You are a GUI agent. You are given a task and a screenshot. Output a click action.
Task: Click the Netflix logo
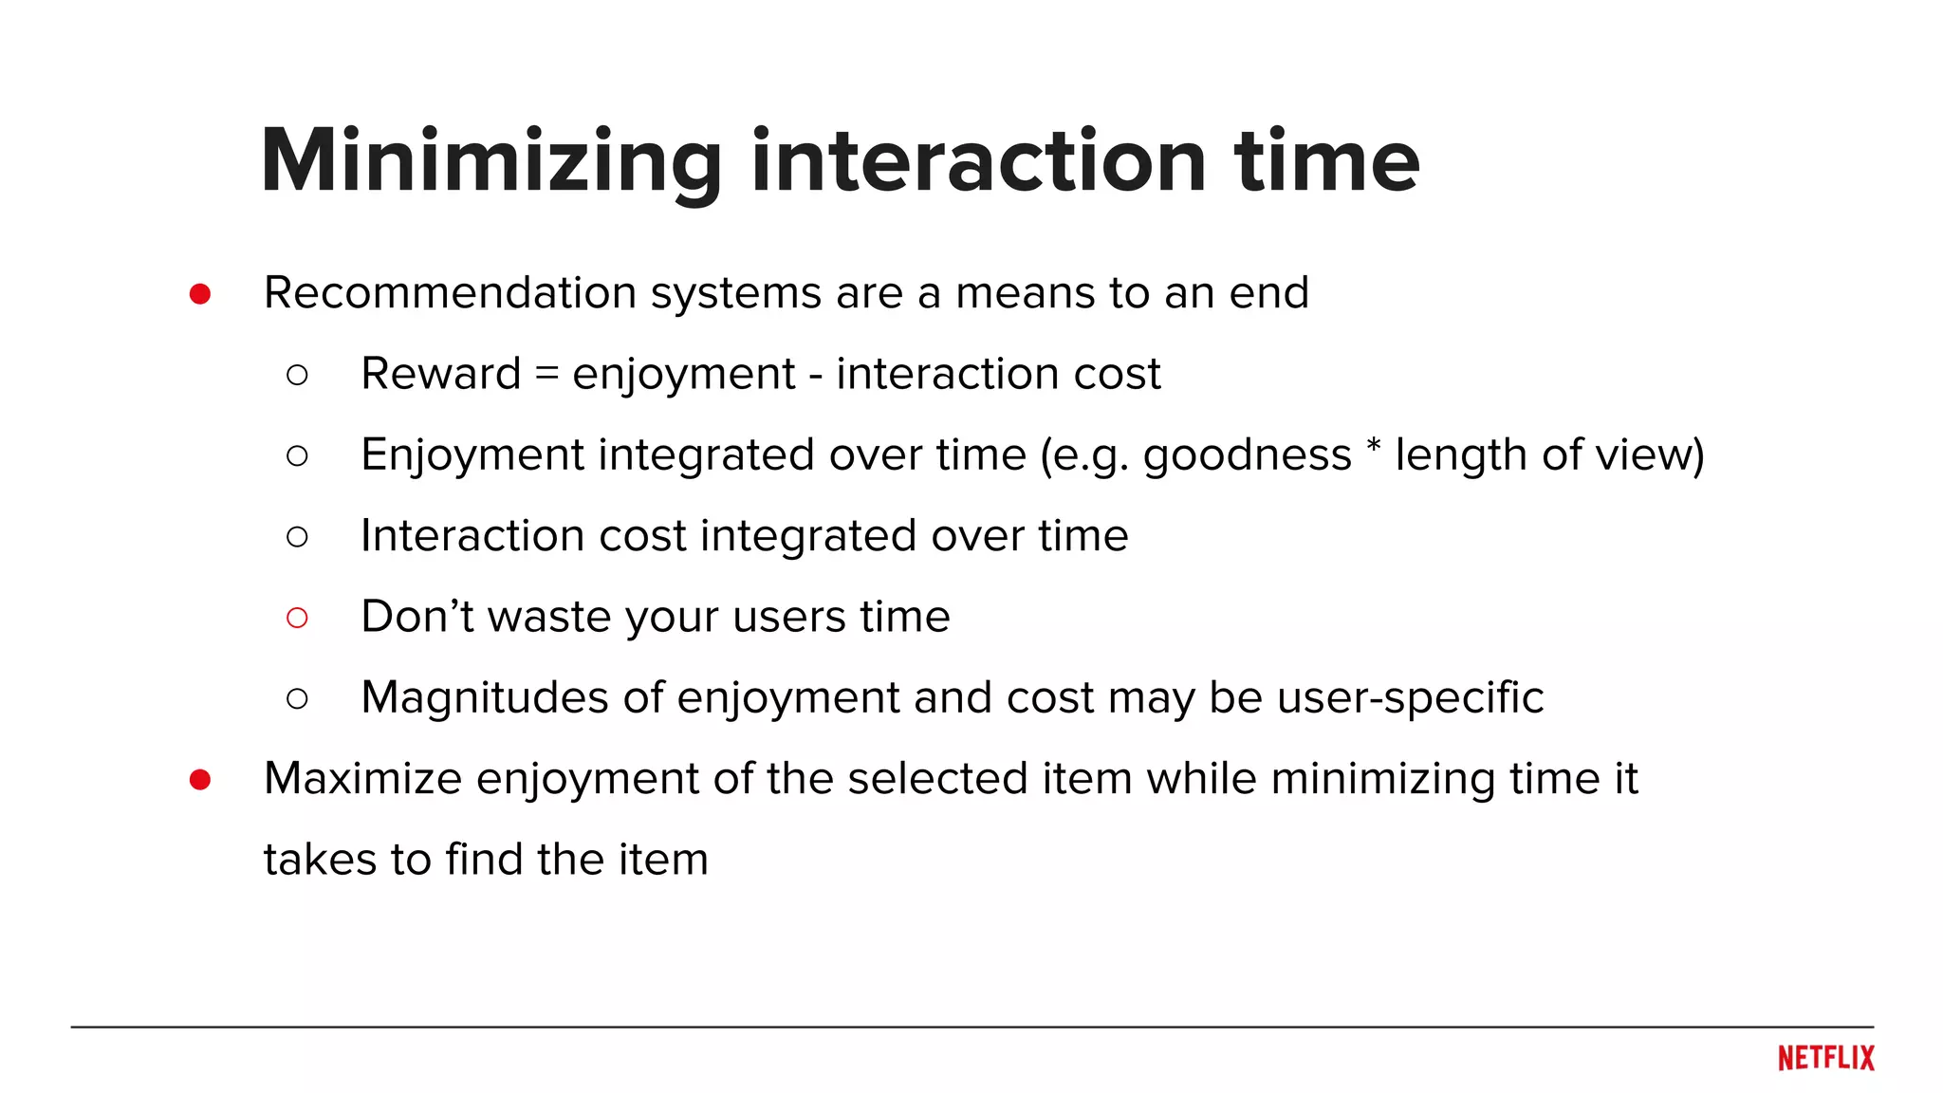pyautogui.click(x=1825, y=1058)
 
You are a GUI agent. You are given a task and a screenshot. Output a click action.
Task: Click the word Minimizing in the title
pyautogui.click(x=491, y=161)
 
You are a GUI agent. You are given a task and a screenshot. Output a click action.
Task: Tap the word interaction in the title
pyautogui.click(x=978, y=161)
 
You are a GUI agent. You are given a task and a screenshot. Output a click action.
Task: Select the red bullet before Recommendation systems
pyautogui.click(x=200, y=294)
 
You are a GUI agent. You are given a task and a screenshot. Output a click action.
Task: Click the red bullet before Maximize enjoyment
pyautogui.click(x=200, y=780)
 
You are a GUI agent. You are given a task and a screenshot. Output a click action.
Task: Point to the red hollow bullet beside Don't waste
pyautogui.click(x=297, y=619)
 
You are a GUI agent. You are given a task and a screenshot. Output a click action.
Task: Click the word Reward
pyautogui.click(x=441, y=374)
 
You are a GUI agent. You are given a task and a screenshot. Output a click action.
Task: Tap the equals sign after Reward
pyautogui.click(x=546, y=372)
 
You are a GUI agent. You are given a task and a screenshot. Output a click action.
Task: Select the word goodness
pyautogui.click(x=1247, y=455)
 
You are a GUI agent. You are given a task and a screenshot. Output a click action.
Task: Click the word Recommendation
pyautogui.click(x=450, y=293)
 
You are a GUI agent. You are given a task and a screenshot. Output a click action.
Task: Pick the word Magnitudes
pyautogui.click(x=485, y=698)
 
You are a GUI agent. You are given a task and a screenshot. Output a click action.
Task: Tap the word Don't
pyautogui.click(x=417, y=617)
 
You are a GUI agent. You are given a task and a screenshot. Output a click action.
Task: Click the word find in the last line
pyautogui.click(x=484, y=860)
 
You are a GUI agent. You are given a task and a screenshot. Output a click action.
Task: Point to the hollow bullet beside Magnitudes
pyautogui.click(x=297, y=699)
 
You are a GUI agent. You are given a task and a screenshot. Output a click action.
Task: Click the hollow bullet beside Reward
pyautogui.click(x=297, y=376)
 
